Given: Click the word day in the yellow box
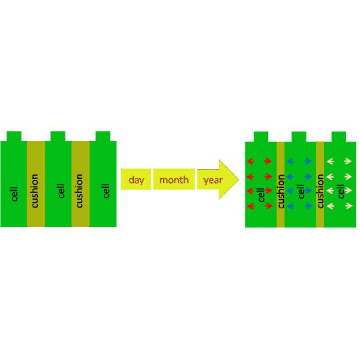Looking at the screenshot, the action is point(136,180).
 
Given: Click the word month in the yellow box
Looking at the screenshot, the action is point(174,180).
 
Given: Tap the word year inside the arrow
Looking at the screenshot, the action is point(213,180).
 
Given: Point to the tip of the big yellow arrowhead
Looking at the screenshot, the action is point(239,179).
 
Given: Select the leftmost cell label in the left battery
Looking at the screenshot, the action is point(14,194).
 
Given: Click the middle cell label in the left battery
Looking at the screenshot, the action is point(61,191).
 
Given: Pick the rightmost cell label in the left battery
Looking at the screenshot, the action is point(106,191).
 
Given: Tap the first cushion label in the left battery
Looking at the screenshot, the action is point(34,191).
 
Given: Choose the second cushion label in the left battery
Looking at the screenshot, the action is point(79,191).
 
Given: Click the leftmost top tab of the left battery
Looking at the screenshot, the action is point(14,136).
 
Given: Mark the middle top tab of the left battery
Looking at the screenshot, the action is point(58,136).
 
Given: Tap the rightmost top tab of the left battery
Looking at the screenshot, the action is point(103,136).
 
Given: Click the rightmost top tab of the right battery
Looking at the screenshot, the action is point(339,137).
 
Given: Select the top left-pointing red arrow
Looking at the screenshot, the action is point(250,161).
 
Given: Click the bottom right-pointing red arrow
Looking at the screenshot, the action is point(268,206).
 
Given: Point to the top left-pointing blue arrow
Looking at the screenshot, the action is point(290,161).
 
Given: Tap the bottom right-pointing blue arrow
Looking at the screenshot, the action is point(308,206).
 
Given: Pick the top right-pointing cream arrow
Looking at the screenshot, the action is point(348,161).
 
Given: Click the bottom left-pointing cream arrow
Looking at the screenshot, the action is point(330,206).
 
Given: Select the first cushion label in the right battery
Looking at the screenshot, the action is point(281,191).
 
